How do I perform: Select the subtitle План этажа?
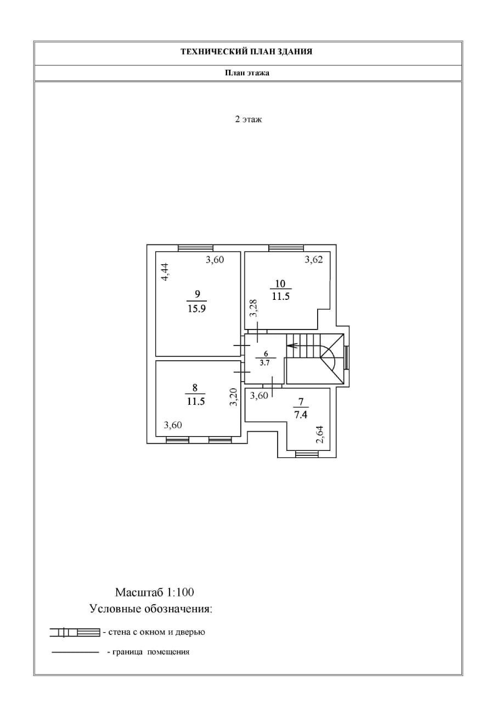(x=247, y=72)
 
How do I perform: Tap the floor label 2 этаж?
(x=248, y=119)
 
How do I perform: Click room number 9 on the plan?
(x=196, y=295)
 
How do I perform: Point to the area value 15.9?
(x=196, y=308)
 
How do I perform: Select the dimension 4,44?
(x=165, y=272)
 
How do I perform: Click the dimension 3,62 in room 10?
(x=314, y=260)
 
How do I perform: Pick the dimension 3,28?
(x=253, y=308)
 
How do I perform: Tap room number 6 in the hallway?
(x=266, y=354)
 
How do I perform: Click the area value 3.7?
(x=266, y=362)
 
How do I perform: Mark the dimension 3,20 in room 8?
(x=233, y=397)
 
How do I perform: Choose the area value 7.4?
(x=300, y=415)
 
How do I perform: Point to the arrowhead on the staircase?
(x=291, y=345)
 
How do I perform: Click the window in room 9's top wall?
(x=196, y=248)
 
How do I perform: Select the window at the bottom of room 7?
(x=307, y=454)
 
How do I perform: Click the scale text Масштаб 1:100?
(x=155, y=593)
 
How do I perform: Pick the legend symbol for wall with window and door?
(x=75, y=632)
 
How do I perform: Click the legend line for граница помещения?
(x=75, y=652)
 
